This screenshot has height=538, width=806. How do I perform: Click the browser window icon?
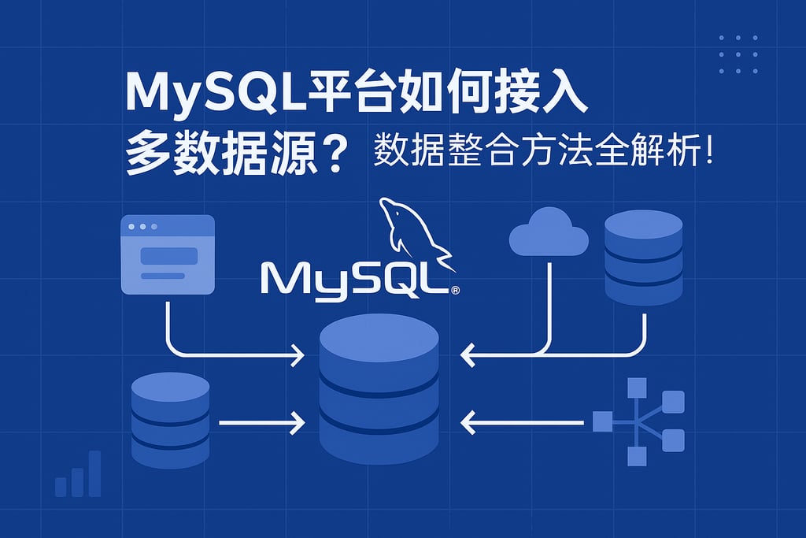click(167, 254)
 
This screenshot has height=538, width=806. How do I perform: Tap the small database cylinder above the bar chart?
click(170, 419)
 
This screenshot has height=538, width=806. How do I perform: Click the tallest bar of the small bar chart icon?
click(94, 473)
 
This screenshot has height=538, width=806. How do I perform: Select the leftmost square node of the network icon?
click(602, 422)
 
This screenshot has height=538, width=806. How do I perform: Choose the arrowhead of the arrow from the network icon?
click(468, 423)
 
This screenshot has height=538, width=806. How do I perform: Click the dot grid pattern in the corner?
click(738, 54)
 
